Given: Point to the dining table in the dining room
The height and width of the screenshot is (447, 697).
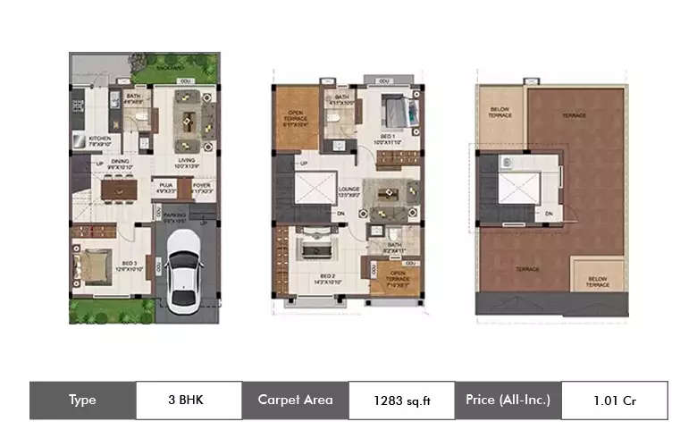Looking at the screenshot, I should pyautogui.click(x=117, y=190).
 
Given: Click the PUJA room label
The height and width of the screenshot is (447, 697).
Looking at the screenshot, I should pyautogui.click(x=165, y=188).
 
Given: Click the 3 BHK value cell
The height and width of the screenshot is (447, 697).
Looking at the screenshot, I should pyautogui.click(x=188, y=400).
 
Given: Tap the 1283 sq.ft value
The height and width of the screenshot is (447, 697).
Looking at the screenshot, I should pyautogui.click(x=401, y=401).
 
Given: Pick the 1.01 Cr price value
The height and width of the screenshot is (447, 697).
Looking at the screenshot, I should pyautogui.click(x=614, y=401).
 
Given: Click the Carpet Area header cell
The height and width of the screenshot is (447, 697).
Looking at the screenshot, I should pyautogui.click(x=295, y=401).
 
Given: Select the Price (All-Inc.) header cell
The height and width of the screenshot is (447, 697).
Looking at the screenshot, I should pyautogui.click(x=508, y=401).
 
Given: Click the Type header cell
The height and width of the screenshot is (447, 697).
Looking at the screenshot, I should pyautogui.click(x=82, y=401).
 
